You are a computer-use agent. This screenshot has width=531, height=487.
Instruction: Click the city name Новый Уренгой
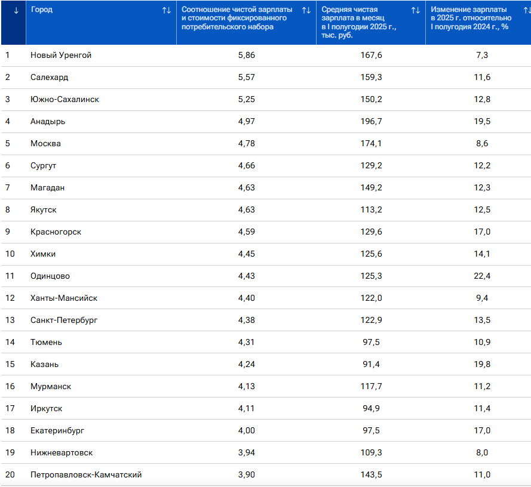coord(60,55)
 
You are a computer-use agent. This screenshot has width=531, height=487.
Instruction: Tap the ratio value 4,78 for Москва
coord(246,143)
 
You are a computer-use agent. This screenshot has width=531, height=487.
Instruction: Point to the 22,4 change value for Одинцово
coord(482,276)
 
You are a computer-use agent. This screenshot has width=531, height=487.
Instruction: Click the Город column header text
coord(41,10)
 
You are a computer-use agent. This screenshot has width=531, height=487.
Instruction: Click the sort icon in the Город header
coord(167,10)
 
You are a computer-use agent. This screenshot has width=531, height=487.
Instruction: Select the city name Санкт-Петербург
coord(64,320)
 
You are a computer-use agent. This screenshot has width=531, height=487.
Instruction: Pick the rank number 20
coord(10,474)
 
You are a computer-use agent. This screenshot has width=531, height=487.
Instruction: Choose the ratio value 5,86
coord(246,55)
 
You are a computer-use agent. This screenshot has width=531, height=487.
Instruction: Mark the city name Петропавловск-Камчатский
coord(86,474)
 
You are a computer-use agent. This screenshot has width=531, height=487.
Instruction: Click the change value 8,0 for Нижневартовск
coord(482,452)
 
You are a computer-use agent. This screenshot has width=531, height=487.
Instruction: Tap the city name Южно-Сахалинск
coord(65,99)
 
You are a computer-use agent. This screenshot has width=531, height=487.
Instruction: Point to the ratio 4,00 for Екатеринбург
coord(246,430)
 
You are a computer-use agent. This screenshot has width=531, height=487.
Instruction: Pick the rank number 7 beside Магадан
coord(7,187)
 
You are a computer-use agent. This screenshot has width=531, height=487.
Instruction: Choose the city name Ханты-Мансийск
coord(64,298)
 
